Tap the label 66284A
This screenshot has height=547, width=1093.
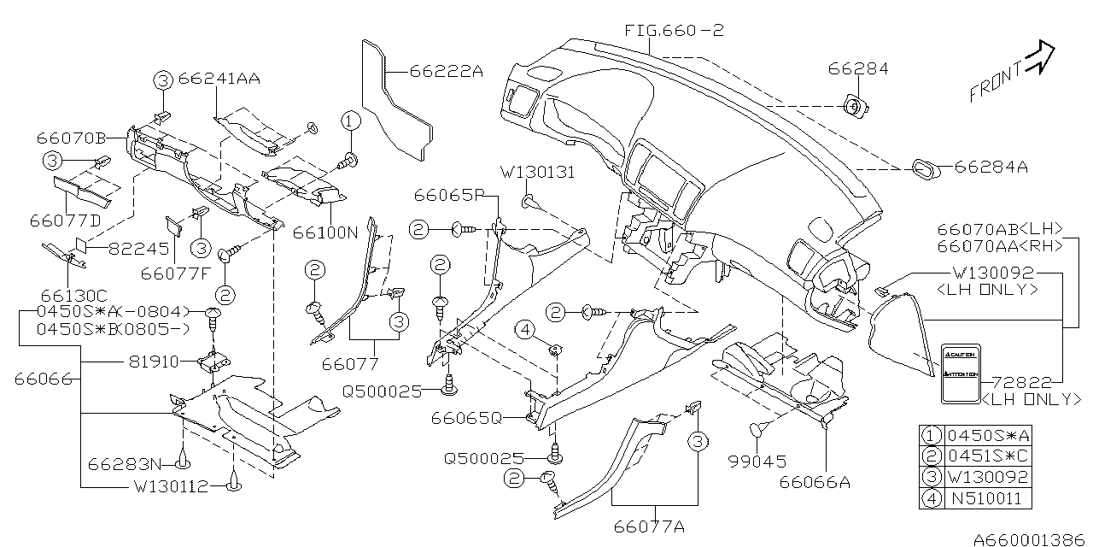991,168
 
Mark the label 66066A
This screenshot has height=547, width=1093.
815,482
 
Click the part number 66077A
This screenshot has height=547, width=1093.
649,527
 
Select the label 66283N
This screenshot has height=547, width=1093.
125,464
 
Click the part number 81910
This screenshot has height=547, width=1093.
155,362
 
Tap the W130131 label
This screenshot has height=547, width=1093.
538,173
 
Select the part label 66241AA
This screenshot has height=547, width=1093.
219,79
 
